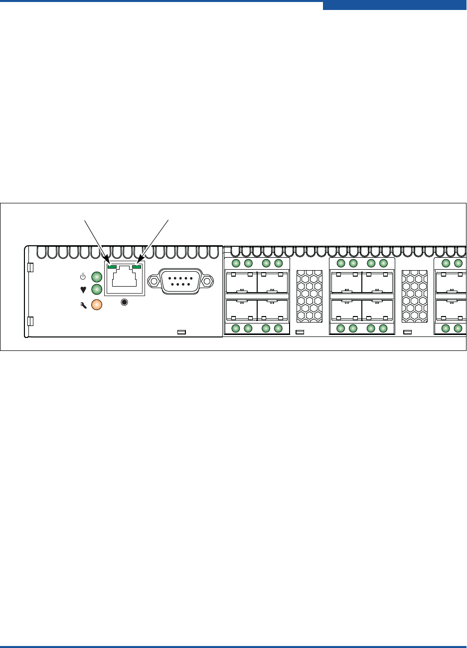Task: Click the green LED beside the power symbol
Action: [97, 277]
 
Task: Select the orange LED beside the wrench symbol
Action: [97, 305]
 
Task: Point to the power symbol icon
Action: [84, 277]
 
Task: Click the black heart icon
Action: [83, 290]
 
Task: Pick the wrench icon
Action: [83, 305]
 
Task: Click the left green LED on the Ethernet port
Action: [112, 268]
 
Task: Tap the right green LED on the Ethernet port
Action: [137, 268]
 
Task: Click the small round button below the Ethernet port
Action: [125, 302]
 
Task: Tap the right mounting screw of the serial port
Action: [207, 282]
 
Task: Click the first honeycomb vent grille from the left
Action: [309, 297]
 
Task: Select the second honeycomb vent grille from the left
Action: [414, 297]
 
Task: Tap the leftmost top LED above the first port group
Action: [236, 263]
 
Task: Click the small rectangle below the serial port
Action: [182, 332]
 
